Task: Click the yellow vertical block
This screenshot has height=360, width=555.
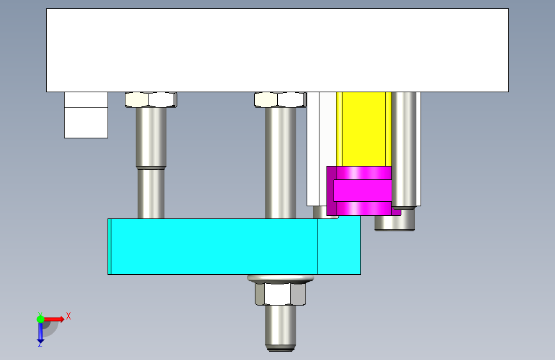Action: pos(364,129)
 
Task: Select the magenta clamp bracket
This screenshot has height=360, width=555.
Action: pos(362,191)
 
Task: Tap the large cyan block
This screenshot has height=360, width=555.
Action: pos(234,246)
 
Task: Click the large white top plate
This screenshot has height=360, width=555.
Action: pos(278,51)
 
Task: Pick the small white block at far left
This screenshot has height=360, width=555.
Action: pos(86,115)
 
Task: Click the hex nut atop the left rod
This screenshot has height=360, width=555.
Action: pos(151,99)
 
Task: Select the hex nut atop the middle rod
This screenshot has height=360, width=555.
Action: pos(280,99)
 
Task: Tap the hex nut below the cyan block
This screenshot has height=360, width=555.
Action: pos(280,294)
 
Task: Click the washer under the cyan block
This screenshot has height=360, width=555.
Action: pos(280,279)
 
